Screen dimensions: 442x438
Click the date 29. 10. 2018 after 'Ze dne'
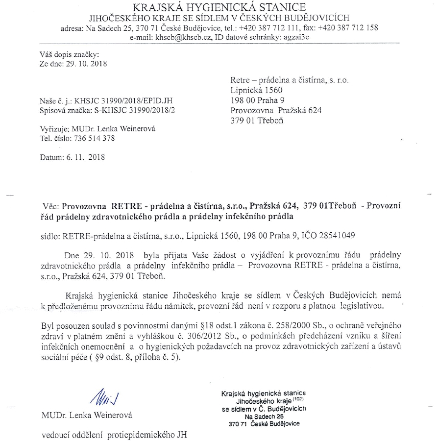pyautogui.click(x=86, y=63)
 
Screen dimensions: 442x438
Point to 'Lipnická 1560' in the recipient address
pyautogui.click(x=256, y=90)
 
